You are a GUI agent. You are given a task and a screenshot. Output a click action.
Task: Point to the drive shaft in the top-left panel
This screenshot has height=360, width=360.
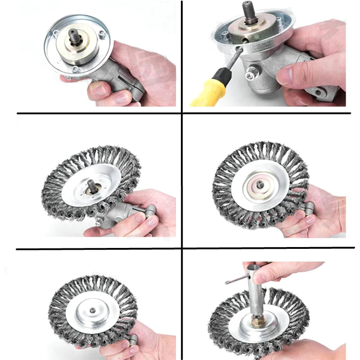click(x=73, y=35)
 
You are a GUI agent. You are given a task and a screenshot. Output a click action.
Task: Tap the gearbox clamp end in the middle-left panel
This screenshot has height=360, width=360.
click(x=149, y=210)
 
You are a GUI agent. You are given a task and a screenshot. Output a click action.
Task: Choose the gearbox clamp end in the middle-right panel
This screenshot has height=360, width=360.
click(x=310, y=208)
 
